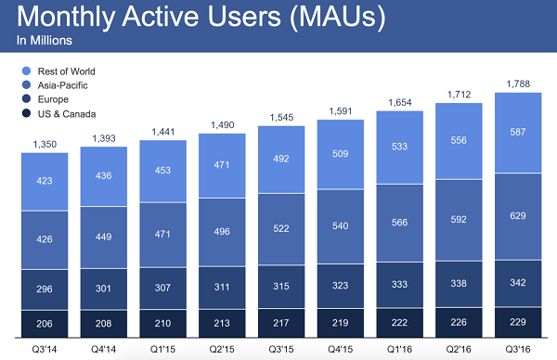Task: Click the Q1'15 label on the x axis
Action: [163, 348]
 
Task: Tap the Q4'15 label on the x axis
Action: [341, 348]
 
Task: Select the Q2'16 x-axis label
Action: [460, 348]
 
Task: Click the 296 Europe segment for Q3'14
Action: [44, 289]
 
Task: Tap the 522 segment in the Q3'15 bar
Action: [281, 228]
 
